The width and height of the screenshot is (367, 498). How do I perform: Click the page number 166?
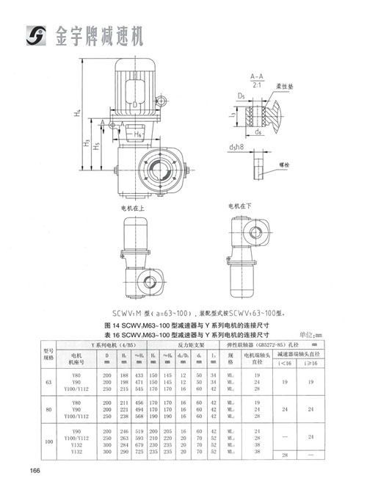coord(34,470)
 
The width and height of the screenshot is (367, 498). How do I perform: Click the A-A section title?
coord(257,76)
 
